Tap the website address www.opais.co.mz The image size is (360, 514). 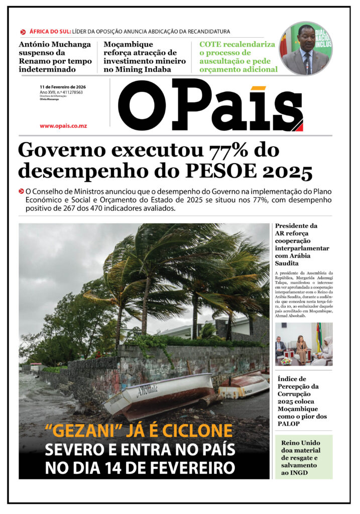(x=63, y=125)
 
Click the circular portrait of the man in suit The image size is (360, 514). (x=305, y=49)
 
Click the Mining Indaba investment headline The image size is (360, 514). (x=144, y=56)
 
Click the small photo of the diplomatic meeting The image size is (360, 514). (x=303, y=344)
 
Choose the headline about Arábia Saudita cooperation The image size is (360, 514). (x=302, y=244)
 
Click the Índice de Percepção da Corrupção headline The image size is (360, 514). (x=302, y=402)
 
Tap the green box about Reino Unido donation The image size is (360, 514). (x=303, y=456)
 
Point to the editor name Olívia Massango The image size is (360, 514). (x=49, y=99)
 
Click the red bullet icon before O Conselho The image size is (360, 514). (x=21, y=192)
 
